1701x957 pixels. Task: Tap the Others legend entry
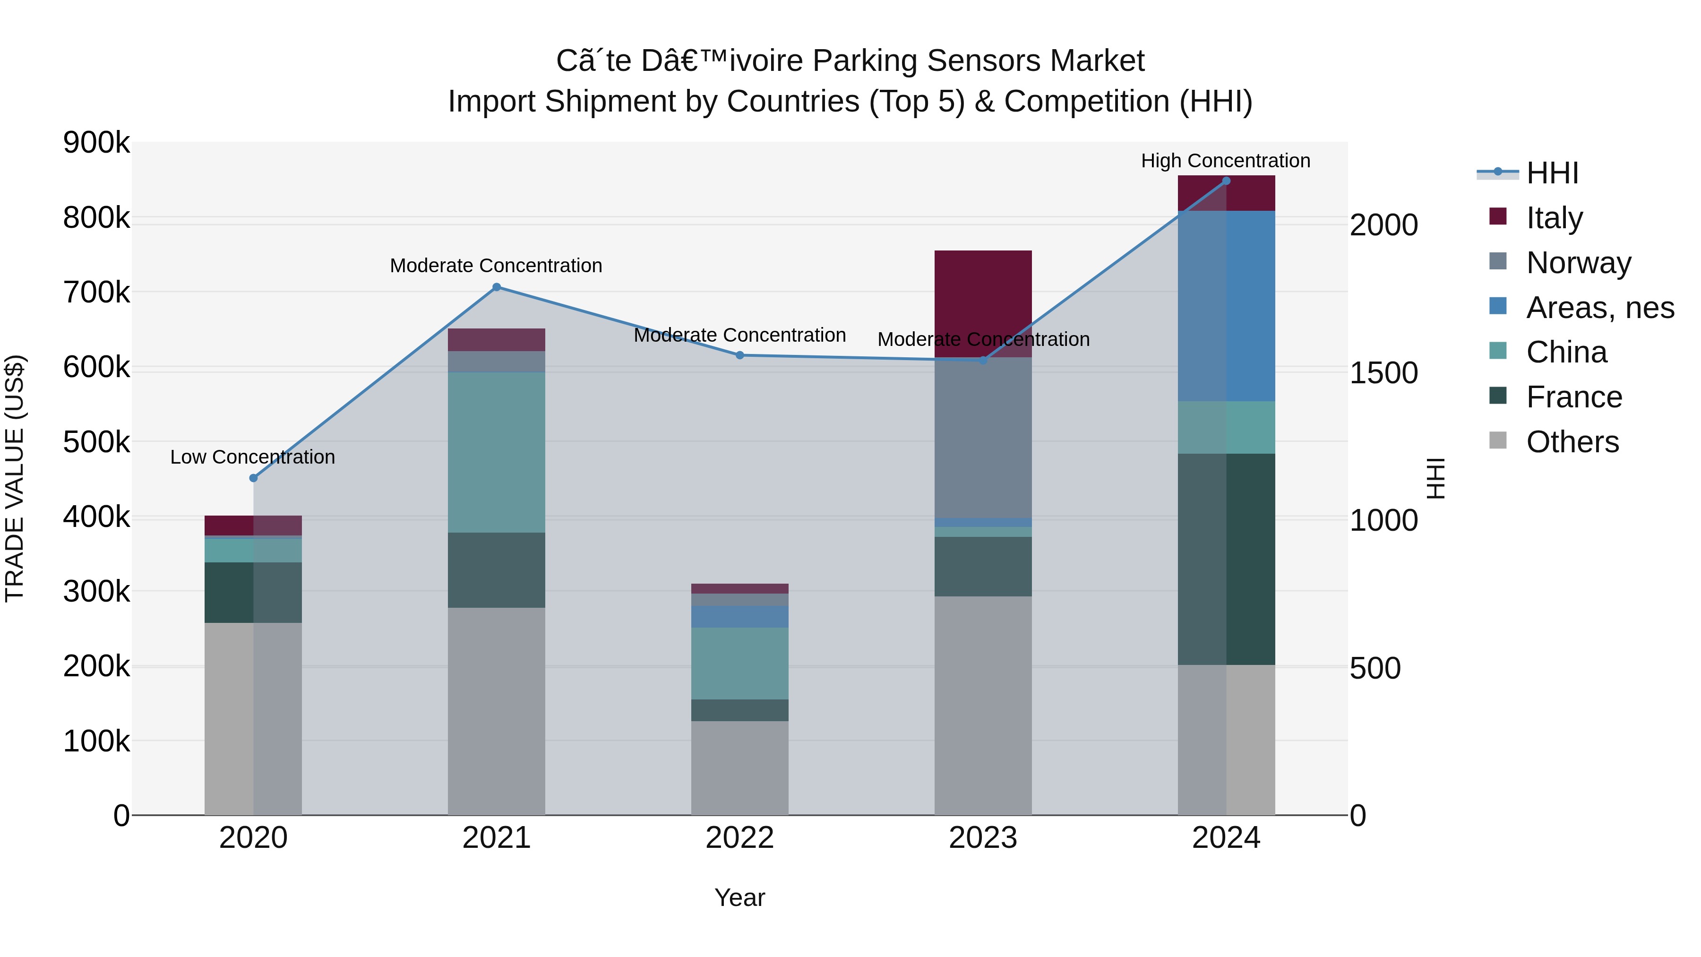click(x=1572, y=442)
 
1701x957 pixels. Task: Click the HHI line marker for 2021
click(x=497, y=287)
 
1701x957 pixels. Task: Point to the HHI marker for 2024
click(x=1226, y=181)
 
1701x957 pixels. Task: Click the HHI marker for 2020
click(x=254, y=478)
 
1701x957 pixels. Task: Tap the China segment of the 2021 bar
click(x=497, y=452)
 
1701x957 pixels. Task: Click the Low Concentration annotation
click(x=253, y=457)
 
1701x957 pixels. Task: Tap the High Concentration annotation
click(x=1226, y=161)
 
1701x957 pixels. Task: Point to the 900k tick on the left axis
click(x=96, y=143)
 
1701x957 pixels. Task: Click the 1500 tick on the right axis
click(x=1383, y=373)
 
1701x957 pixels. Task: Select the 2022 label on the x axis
click(x=739, y=838)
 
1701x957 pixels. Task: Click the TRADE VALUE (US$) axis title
click(x=15, y=478)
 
